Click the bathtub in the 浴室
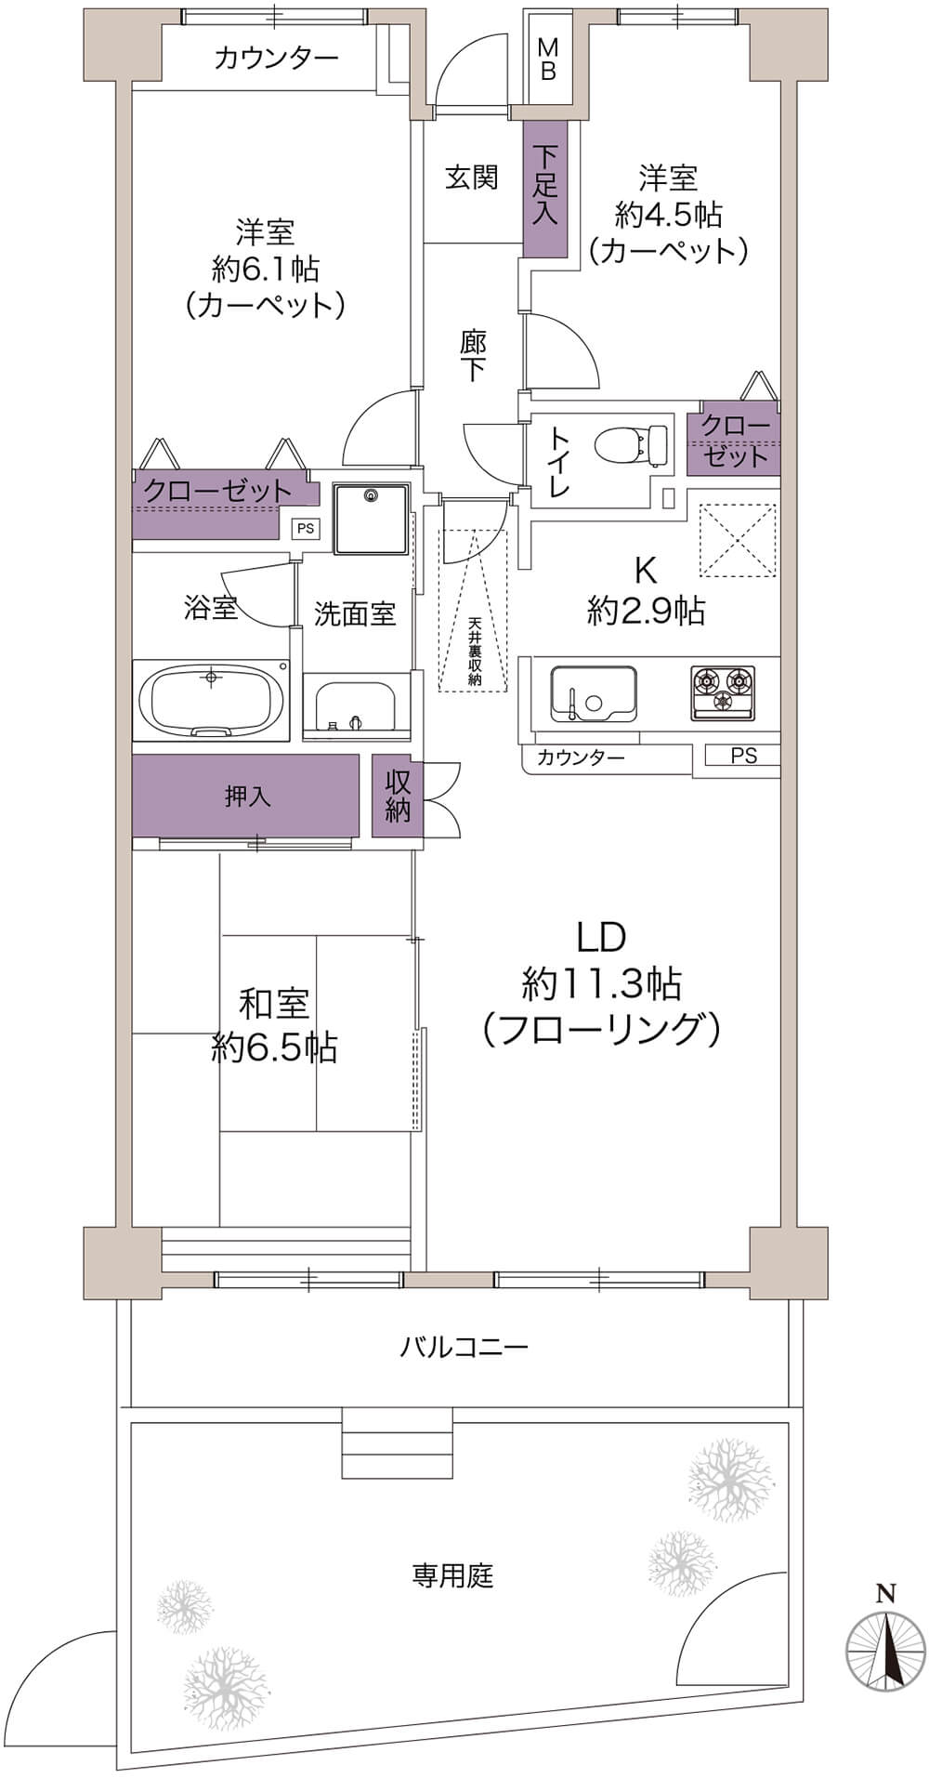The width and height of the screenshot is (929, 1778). (212, 700)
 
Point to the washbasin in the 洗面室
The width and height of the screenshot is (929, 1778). (357, 709)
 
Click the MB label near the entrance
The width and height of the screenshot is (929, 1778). (548, 59)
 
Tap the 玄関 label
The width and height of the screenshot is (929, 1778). (472, 177)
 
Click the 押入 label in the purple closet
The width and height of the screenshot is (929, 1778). (248, 797)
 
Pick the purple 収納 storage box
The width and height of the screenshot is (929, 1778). (398, 796)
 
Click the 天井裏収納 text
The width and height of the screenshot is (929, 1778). (474, 652)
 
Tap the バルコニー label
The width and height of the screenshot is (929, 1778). (464, 1346)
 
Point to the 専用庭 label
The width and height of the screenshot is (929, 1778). (452, 1575)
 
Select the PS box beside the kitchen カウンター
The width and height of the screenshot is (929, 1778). (743, 756)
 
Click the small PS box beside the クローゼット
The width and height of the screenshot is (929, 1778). (305, 529)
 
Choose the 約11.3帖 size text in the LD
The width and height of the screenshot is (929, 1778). (602, 982)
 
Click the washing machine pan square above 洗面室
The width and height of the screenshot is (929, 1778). (372, 519)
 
